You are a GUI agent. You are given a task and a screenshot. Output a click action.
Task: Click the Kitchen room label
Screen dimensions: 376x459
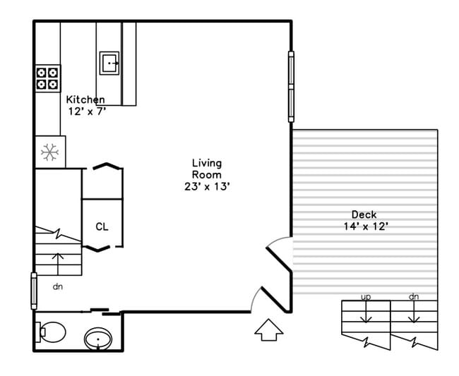[85, 100]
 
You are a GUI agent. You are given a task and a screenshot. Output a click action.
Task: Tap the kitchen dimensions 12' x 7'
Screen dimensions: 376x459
[86, 112]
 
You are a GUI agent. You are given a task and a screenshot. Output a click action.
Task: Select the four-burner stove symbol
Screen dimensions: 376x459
[47, 78]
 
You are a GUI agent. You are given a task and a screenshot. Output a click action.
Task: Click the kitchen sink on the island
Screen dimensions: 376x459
[109, 63]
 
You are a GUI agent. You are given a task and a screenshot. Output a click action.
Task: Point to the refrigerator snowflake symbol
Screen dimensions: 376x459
[50, 152]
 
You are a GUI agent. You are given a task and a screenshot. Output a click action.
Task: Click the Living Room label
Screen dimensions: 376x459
[206, 169]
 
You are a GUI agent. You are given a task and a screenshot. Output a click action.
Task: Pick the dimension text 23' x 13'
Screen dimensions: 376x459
[206, 186]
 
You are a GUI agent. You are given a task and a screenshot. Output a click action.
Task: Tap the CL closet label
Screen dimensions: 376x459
[102, 227]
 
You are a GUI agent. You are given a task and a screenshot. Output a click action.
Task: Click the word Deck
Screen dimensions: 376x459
[364, 214]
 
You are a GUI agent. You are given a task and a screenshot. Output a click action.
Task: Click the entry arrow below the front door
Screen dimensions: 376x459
[268, 329]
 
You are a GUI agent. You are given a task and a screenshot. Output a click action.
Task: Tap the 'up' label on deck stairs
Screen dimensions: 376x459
[366, 297]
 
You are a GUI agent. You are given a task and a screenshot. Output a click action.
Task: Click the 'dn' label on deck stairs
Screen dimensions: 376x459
[414, 297]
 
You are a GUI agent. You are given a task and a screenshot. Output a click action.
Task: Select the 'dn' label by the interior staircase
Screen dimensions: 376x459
[58, 286]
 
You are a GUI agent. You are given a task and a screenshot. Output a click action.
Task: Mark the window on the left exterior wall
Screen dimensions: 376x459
[32, 291]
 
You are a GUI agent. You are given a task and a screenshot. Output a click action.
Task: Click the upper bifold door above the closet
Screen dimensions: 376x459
[104, 166]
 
